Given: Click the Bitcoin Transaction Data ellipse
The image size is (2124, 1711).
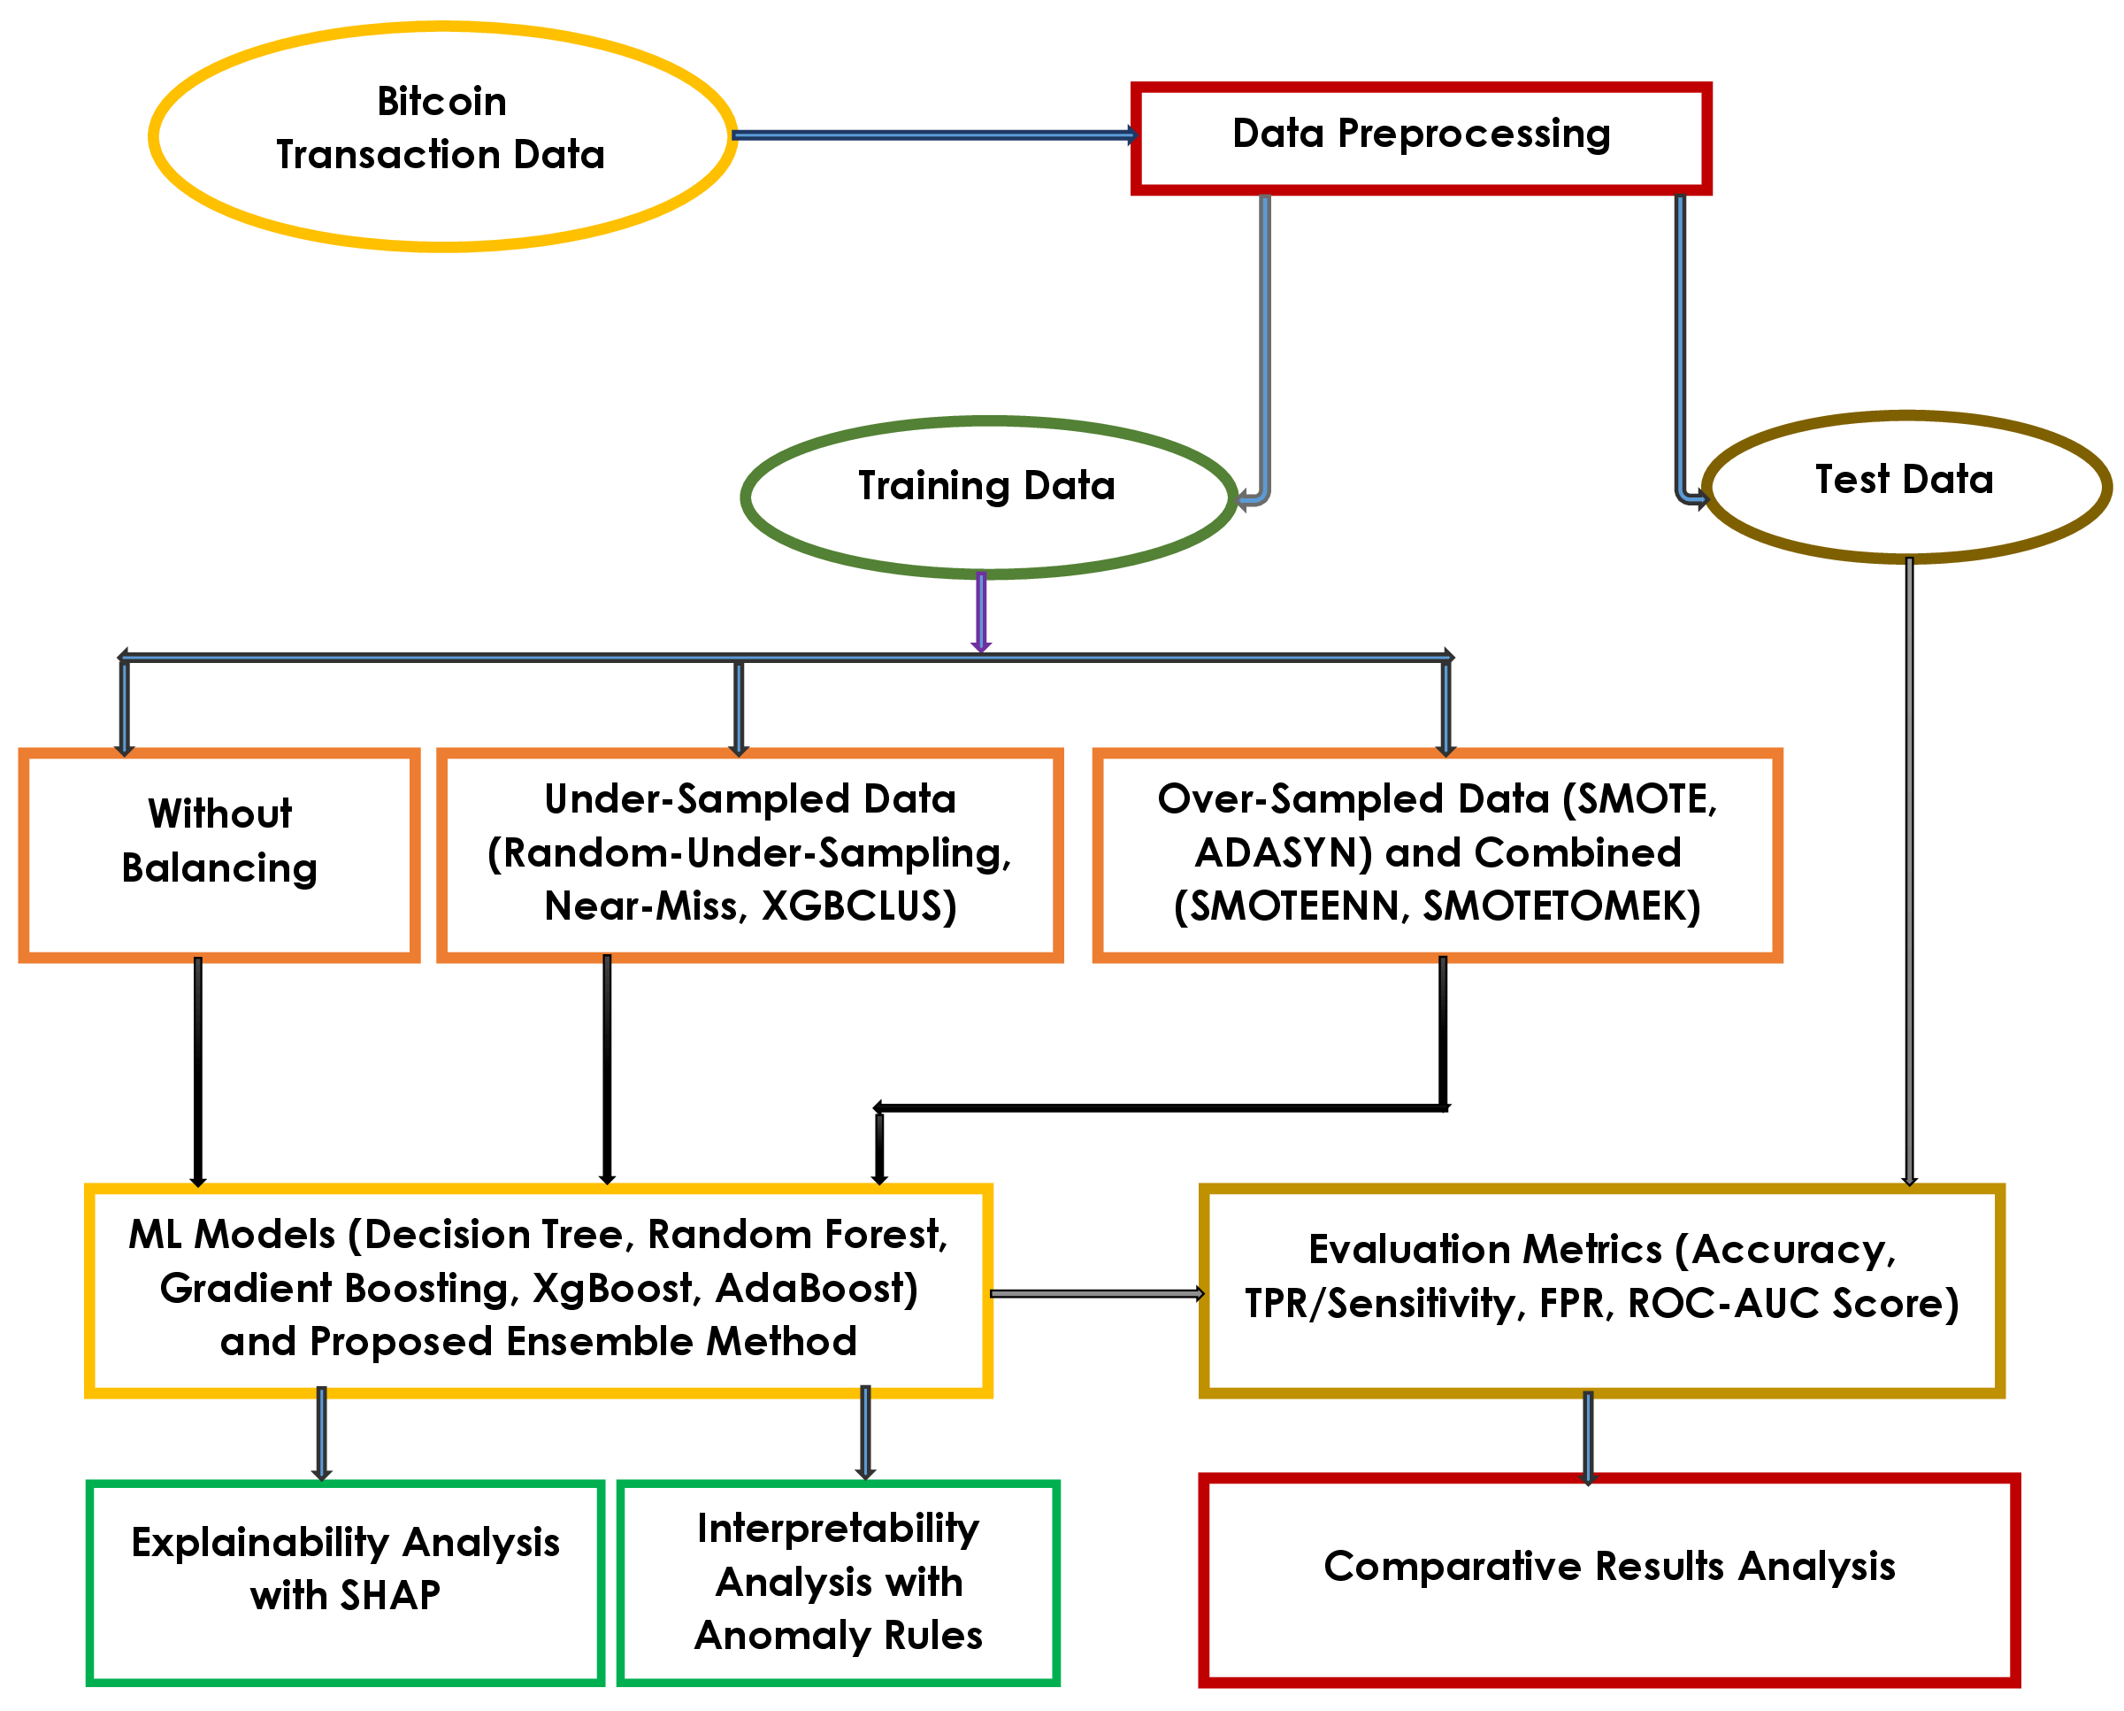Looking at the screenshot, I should pos(442,136).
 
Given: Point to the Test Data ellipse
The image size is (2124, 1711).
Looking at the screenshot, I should pos(1906,486).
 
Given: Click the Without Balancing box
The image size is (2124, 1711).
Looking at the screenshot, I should pos(219,853).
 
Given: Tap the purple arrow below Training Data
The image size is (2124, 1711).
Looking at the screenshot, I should pos(980,611).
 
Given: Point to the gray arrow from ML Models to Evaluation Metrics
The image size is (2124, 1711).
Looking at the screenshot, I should pos(1095,1293).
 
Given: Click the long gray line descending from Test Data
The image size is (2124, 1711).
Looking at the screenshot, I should pos(1909,867).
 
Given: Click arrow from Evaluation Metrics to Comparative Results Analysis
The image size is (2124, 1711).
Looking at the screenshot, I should pos(1587,1437).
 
